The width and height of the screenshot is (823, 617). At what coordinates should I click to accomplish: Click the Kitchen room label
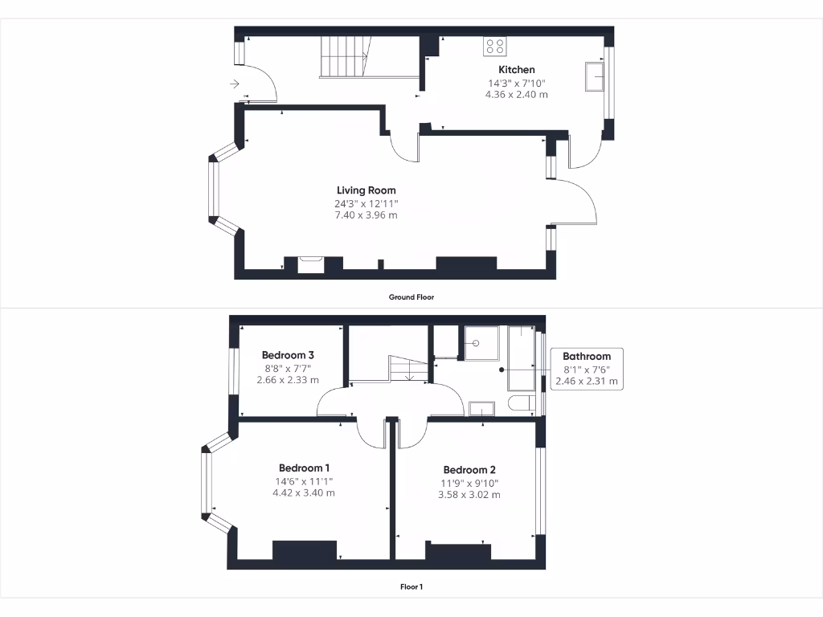pyautogui.click(x=516, y=70)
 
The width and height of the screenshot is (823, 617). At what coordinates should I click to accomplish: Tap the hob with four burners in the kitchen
pyautogui.click(x=495, y=47)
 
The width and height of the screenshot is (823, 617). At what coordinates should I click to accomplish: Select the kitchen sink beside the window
pyautogui.click(x=596, y=78)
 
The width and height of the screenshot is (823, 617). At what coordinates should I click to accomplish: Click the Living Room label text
pyautogui.click(x=366, y=190)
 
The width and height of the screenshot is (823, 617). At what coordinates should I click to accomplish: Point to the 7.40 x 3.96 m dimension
pyautogui.click(x=366, y=215)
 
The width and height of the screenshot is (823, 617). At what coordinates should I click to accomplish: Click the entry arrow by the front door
pyautogui.click(x=235, y=84)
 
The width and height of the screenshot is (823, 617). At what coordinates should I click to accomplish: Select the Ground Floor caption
pyautogui.click(x=411, y=297)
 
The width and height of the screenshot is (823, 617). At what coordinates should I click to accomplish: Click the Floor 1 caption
pyautogui.click(x=411, y=586)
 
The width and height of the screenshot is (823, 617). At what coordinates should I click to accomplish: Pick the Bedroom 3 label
pyautogui.click(x=288, y=355)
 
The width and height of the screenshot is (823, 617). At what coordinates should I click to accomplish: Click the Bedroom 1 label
pyautogui.click(x=305, y=468)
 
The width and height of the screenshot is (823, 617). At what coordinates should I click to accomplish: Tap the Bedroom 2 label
pyautogui.click(x=469, y=470)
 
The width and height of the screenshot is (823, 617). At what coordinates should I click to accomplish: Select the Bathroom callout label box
pyautogui.click(x=586, y=368)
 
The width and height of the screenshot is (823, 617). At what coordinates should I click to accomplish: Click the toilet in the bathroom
pyautogui.click(x=522, y=403)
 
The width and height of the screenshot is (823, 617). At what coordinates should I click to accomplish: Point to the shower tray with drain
pyautogui.click(x=480, y=342)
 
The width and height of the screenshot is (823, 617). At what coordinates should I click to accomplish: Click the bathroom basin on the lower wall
pyautogui.click(x=481, y=410)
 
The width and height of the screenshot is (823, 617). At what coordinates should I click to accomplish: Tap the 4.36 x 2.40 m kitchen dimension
pyautogui.click(x=516, y=94)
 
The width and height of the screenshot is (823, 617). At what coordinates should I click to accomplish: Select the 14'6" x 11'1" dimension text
pyautogui.click(x=305, y=481)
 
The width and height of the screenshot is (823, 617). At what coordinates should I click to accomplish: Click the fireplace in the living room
pyautogui.click(x=310, y=264)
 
